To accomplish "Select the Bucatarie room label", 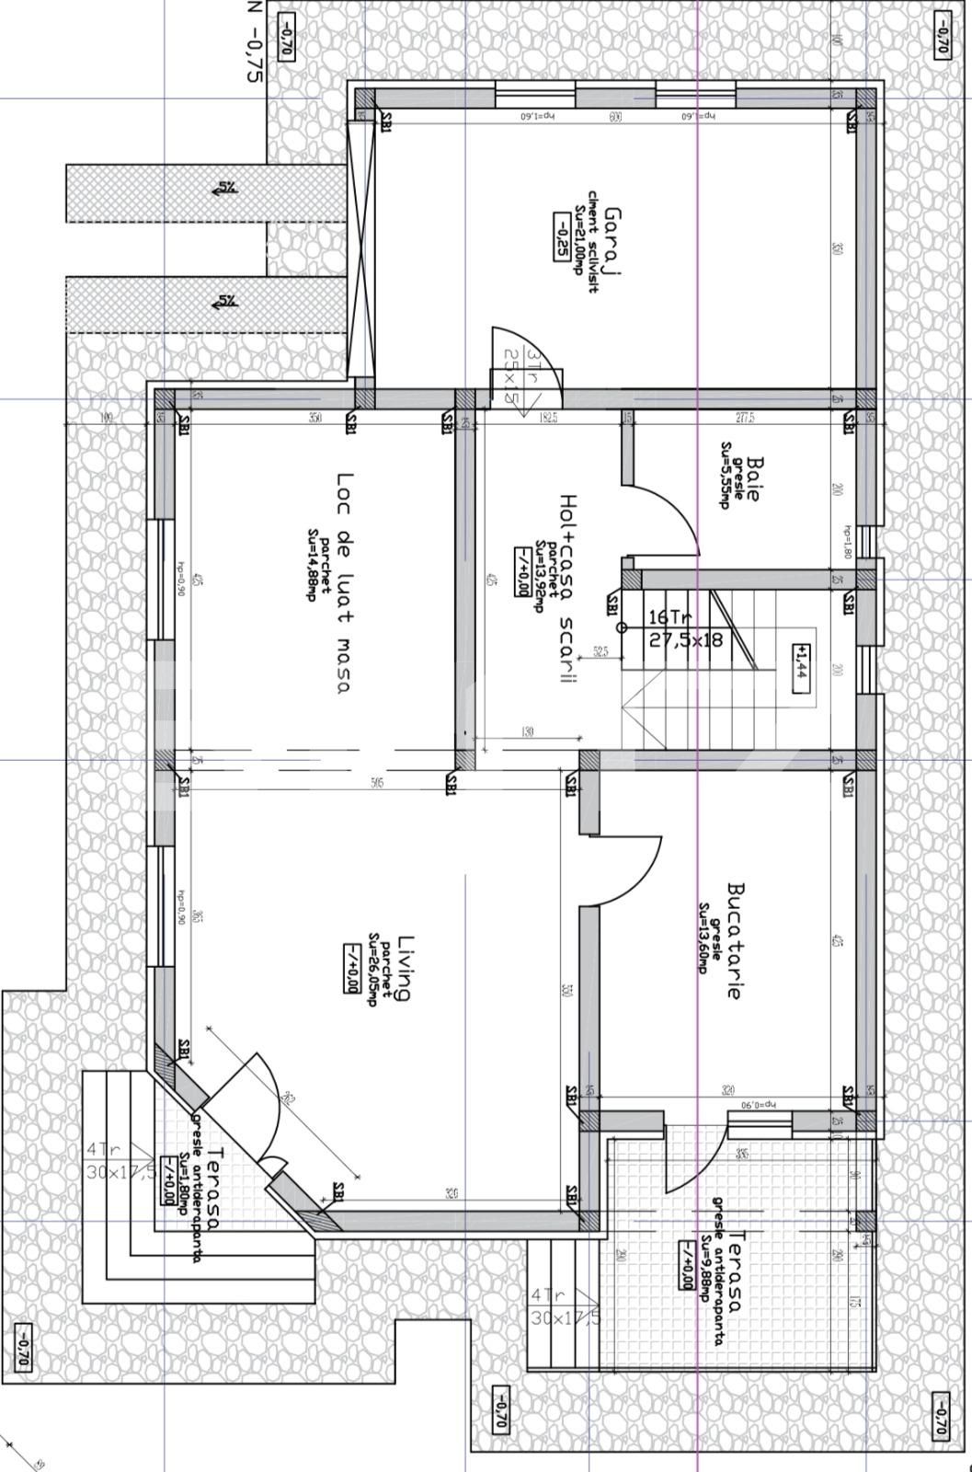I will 734,941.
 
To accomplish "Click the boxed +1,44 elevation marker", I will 799,661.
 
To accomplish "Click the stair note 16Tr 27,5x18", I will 685,628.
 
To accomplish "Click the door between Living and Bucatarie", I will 635,869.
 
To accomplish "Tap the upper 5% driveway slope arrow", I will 225,189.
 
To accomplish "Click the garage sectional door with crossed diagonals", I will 362,248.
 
